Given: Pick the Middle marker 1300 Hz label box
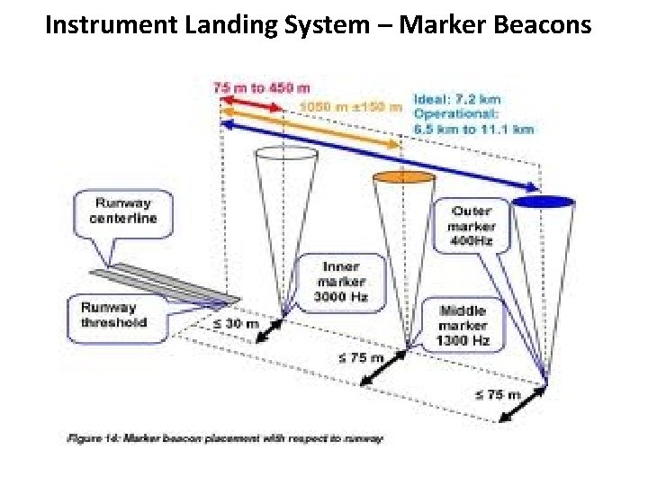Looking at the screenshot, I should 463,325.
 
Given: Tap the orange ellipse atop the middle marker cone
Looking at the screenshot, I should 400,177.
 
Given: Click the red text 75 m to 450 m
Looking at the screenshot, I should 261,87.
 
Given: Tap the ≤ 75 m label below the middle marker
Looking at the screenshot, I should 362,357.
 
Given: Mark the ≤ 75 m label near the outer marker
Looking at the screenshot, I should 498,394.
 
